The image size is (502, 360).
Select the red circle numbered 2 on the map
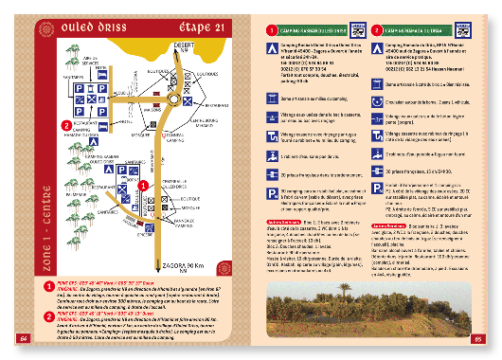coord(65,124)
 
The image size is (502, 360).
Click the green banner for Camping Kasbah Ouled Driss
coord(317,30)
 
